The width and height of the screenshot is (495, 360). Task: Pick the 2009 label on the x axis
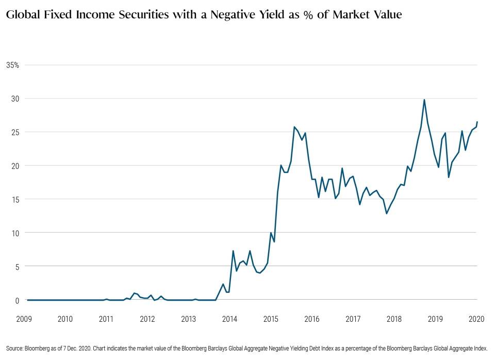24,319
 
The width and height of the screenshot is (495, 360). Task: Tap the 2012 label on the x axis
147,319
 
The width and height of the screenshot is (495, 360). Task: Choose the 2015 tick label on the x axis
271,319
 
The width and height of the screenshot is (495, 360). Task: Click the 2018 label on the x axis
394,319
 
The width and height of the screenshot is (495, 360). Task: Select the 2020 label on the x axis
476,319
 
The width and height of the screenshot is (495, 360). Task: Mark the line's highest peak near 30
424,100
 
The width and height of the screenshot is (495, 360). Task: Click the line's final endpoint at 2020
477,122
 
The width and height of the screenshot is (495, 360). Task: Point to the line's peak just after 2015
294,127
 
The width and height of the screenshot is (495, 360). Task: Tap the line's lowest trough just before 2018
386,214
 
